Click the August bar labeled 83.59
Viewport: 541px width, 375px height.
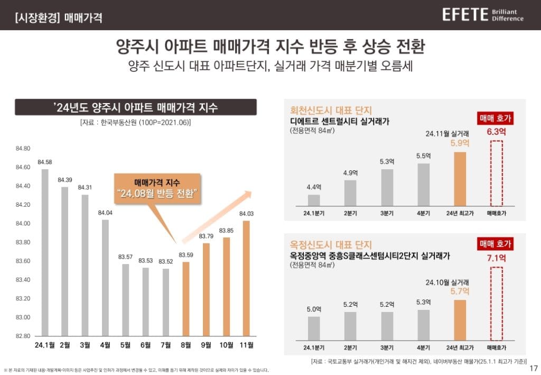coord(186,299)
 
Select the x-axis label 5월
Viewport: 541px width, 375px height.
coord(125,345)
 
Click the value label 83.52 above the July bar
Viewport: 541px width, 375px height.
coord(165,261)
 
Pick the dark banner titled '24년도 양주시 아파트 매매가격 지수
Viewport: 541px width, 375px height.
coord(136,107)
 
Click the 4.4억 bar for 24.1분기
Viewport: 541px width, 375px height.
coord(314,200)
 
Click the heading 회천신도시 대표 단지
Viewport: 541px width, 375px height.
coord(330,111)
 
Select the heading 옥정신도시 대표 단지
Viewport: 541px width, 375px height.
coord(330,245)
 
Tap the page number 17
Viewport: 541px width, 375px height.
coord(533,367)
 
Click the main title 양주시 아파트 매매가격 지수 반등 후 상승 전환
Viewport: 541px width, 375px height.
coord(270,48)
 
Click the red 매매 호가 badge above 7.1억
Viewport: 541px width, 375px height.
coord(495,244)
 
